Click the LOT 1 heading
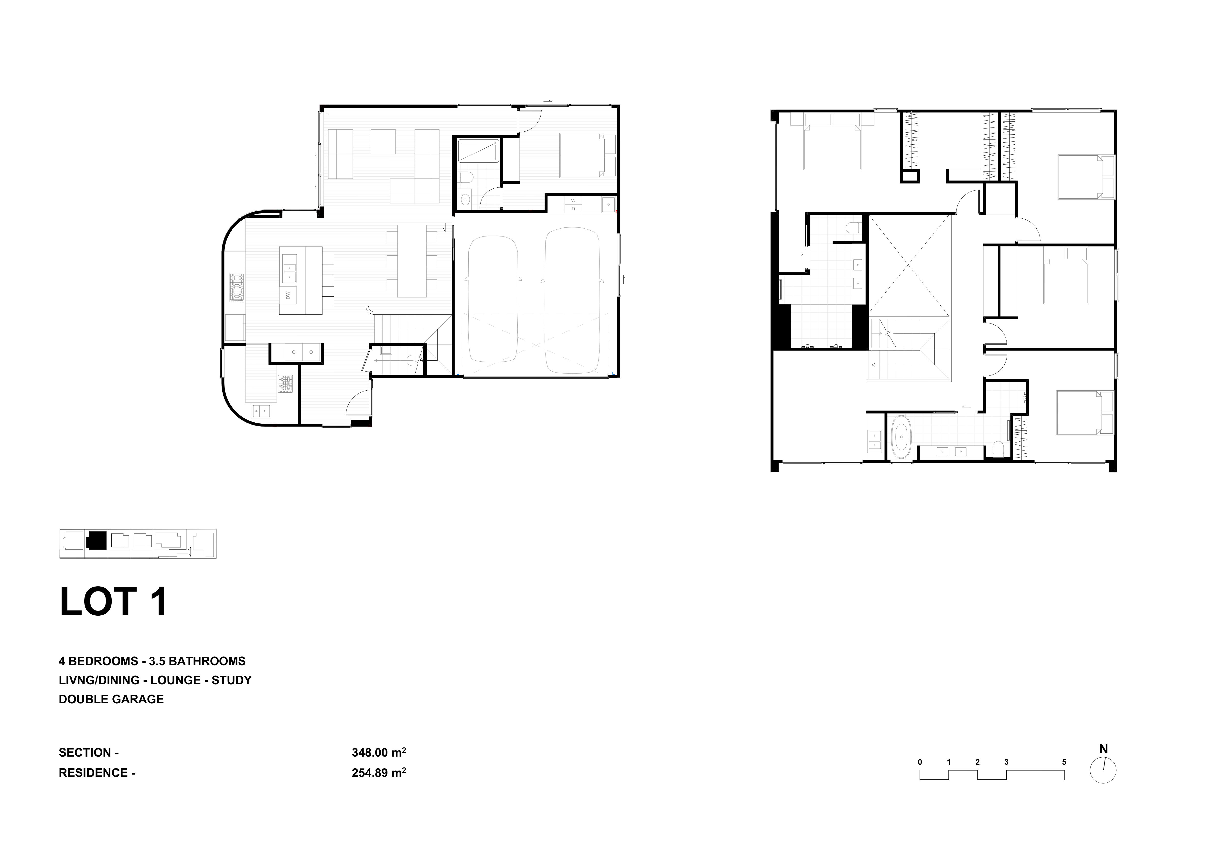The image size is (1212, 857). click(x=114, y=602)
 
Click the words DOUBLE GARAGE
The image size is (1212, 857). click(x=111, y=699)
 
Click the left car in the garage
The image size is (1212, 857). click(x=492, y=299)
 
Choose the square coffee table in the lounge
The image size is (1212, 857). click(x=383, y=141)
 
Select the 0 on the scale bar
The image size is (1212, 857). click(x=920, y=762)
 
